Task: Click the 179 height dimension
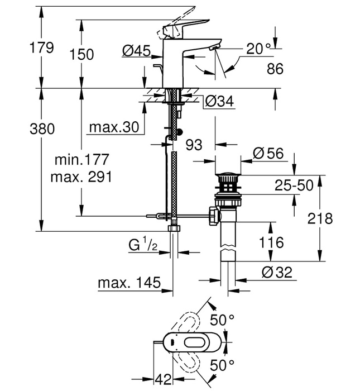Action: coord(42,47)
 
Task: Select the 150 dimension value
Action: coord(82,54)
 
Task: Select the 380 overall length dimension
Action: coord(42,129)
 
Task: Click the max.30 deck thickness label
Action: coord(113,127)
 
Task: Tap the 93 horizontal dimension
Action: coord(194,145)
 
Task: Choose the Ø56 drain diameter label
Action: coord(267,152)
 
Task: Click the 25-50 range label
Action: coord(294,185)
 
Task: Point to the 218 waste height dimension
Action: coord(320,218)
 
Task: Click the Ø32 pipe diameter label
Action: coord(276,273)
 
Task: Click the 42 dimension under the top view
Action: coord(163,379)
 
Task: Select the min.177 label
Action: coord(81,160)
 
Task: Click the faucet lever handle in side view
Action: coord(187,22)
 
